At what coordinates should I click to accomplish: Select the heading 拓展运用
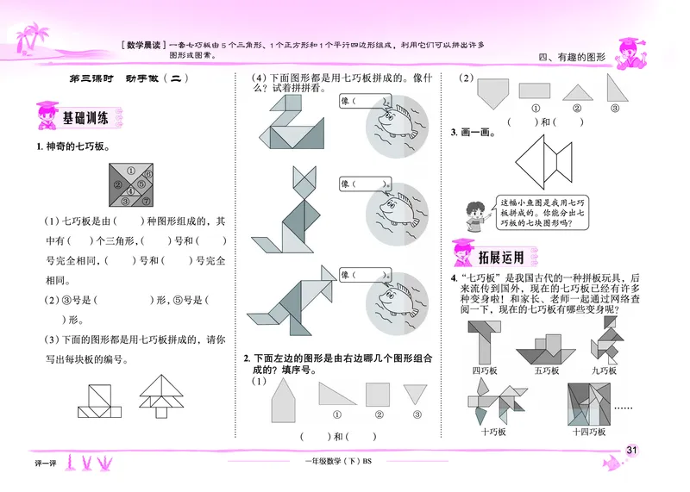(x=501, y=255)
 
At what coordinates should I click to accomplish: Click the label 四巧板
(x=486, y=371)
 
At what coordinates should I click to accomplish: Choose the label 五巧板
(x=546, y=371)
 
